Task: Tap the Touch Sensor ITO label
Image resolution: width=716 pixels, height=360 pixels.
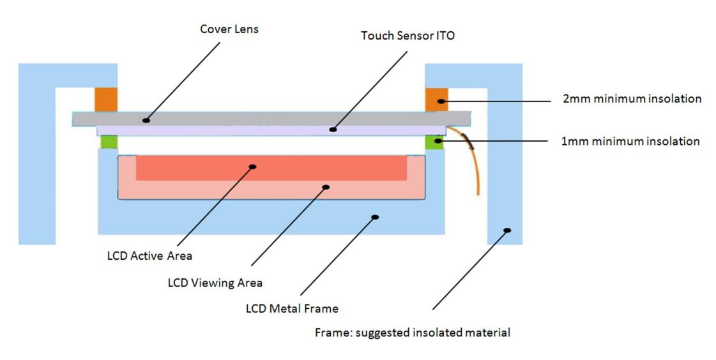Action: [x=408, y=36]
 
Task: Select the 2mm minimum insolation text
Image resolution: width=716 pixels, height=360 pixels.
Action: [x=631, y=99]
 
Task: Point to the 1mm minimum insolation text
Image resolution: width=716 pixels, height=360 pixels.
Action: [x=630, y=141]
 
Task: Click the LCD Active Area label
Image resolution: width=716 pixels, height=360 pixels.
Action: [x=149, y=256]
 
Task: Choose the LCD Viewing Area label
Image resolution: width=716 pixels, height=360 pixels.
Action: [x=215, y=282]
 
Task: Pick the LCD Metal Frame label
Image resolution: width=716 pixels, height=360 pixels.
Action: [x=292, y=308]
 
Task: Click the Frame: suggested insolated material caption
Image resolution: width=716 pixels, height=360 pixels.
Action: [x=413, y=333]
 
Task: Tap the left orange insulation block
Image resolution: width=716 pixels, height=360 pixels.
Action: [x=105, y=99]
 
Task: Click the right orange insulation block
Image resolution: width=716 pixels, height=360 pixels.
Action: [x=437, y=99]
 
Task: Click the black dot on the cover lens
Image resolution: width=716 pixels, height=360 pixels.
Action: [x=146, y=119]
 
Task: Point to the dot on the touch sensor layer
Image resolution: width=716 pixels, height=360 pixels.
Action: [x=332, y=130]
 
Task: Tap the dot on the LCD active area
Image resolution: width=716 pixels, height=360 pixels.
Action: [x=252, y=167]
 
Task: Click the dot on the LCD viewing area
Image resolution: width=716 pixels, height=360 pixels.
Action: [x=326, y=187]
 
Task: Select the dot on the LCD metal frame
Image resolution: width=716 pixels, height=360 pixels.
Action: [x=375, y=217]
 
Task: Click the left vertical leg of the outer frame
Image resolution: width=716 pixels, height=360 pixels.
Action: [x=36, y=166]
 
